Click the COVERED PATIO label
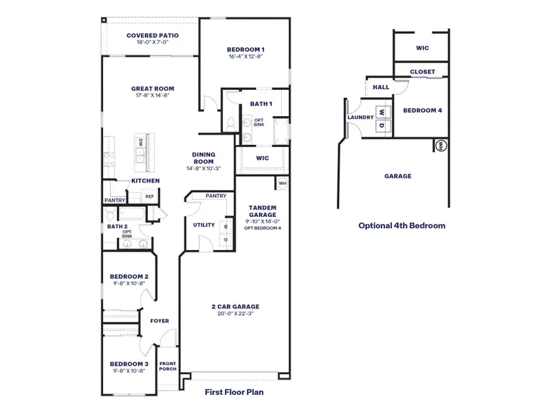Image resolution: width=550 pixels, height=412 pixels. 153,35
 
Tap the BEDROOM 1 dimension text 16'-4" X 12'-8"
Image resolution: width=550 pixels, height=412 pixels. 246,56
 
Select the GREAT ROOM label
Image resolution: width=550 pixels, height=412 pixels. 153,89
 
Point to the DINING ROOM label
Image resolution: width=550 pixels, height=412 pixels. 203,158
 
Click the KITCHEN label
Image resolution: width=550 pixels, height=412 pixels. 146,181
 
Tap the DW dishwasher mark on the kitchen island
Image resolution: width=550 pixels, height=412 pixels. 140,142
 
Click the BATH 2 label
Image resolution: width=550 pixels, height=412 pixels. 117,226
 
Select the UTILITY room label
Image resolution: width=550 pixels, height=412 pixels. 204,225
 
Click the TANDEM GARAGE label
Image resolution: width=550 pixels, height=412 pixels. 262,211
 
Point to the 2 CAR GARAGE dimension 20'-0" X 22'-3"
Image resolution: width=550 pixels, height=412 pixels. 235,314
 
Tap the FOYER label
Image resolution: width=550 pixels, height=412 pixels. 159,321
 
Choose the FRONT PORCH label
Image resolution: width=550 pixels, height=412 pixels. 168,367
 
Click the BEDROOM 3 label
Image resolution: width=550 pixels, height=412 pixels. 129,363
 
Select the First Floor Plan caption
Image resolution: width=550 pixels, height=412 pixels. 234,393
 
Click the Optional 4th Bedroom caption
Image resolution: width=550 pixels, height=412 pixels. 401,225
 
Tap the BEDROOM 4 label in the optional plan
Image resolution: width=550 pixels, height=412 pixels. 422,111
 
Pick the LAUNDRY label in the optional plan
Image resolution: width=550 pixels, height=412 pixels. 360,117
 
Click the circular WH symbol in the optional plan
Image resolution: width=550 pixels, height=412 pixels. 441,145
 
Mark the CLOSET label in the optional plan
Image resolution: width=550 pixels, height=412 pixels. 422,71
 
